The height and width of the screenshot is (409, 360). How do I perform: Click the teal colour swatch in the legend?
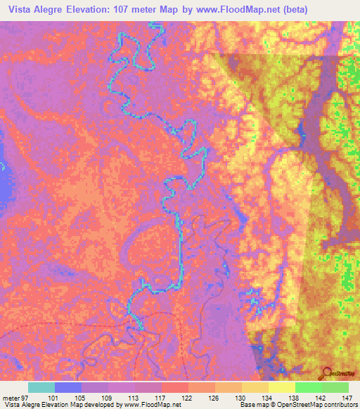pos(41,387)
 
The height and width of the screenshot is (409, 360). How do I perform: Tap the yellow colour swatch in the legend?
pos(281,387)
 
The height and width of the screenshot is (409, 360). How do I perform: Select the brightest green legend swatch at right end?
pos(335,387)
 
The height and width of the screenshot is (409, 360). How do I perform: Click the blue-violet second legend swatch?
pos(68,387)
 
